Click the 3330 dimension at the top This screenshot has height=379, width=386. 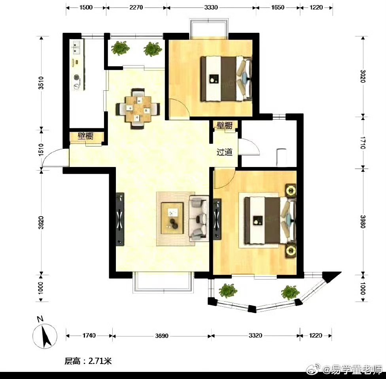[x=211, y=8]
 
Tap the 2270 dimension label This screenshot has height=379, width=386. [x=136, y=8]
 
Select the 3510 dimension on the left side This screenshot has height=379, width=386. [x=41, y=83]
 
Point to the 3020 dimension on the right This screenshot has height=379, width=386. [x=363, y=77]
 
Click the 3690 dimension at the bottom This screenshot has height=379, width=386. [x=162, y=336]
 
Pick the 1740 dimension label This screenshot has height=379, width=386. [x=89, y=336]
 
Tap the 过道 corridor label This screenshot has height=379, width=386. [x=225, y=152]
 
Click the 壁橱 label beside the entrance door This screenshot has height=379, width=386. [x=86, y=136]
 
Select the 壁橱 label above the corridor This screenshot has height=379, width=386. [x=225, y=126]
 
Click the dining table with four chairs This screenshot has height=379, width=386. [x=138, y=109]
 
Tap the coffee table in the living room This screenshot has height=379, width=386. [x=172, y=218]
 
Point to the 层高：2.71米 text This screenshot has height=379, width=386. [x=88, y=361]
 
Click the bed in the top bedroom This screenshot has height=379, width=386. [x=226, y=79]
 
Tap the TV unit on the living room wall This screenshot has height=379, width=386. [x=120, y=219]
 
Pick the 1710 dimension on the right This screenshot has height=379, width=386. [x=363, y=143]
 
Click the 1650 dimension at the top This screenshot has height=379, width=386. [x=278, y=8]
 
